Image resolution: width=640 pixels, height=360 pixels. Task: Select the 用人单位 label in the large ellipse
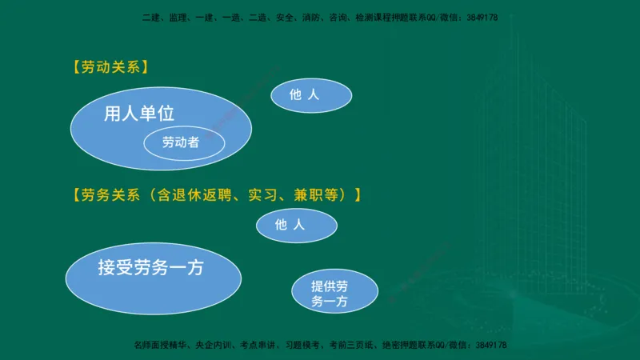pyautogui.click(x=139, y=114)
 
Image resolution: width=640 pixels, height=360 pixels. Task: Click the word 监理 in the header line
pyautogui.click(x=178, y=17)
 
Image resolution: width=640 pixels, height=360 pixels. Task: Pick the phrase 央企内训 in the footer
pyautogui.click(x=210, y=345)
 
